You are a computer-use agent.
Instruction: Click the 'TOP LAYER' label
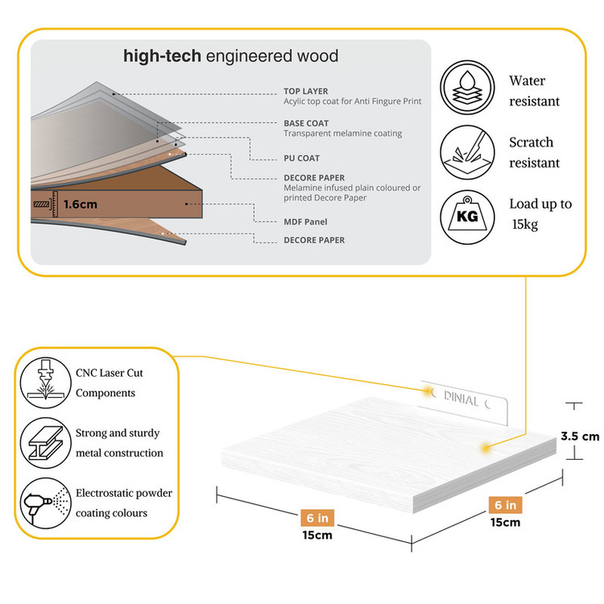(x=305, y=91)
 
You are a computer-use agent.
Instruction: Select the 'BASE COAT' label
(x=306, y=123)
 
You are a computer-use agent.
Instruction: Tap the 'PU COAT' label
(x=302, y=158)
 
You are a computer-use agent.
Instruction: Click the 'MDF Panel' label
(x=305, y=221)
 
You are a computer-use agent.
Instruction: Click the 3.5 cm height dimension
(x=580, y=436)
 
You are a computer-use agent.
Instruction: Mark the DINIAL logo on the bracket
(x=461, y=399)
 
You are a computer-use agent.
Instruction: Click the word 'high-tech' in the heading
(x=162, y=56)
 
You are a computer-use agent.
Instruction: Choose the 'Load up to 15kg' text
(x=540, y=213)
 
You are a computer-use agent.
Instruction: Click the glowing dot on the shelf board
(x=485, y=445)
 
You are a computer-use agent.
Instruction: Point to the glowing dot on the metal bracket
(x=426, y=391)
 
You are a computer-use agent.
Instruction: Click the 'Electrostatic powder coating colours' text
(x=123, y=503)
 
